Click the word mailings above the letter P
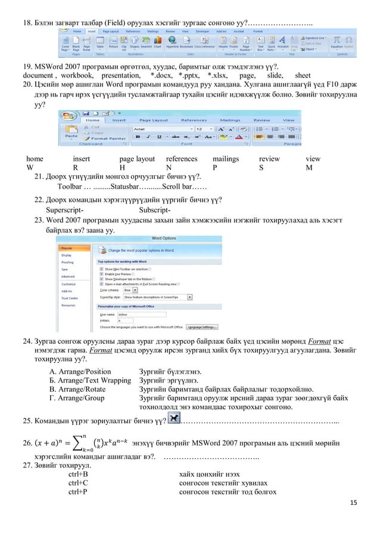coord(226,159)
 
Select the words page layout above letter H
coord(137,159)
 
